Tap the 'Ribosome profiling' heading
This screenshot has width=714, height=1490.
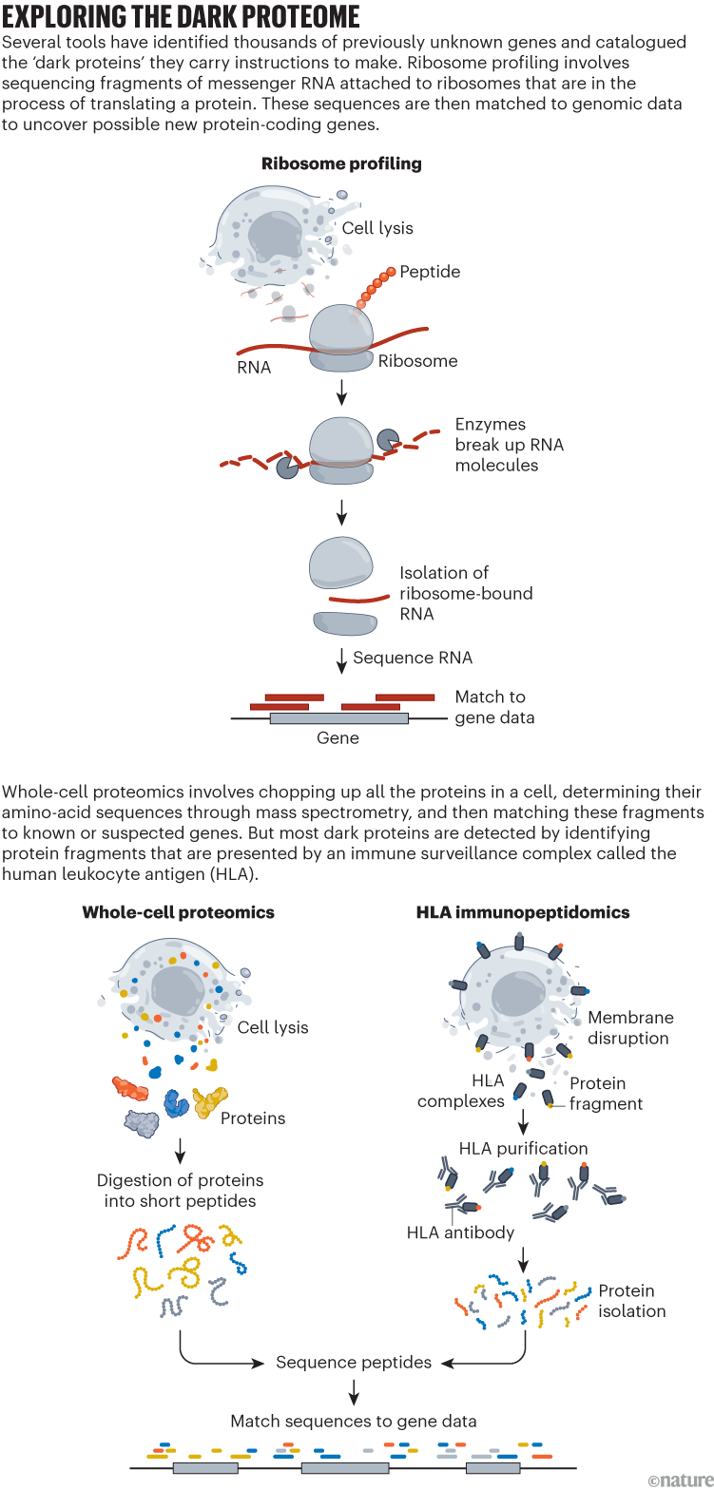(341, 163)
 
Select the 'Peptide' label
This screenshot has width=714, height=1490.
(430, 272)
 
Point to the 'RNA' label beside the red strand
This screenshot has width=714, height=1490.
(254, 367)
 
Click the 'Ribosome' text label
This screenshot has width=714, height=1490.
(417, 361)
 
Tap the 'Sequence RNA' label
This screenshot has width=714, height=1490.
(413, 658)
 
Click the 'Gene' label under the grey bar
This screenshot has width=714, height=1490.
(338, 738)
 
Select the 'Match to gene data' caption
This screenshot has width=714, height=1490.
(494, 707)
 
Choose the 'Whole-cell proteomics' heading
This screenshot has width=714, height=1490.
(179, 912)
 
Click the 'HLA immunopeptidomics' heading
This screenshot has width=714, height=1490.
(523, 912)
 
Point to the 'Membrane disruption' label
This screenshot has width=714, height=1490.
(629, 1027)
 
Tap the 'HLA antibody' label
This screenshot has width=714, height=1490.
(460, 1232)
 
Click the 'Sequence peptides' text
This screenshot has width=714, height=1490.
(354, 1363)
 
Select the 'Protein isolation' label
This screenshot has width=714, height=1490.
(631, 1301)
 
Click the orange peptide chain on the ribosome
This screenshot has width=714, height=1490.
(376, 287)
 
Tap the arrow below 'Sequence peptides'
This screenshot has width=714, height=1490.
(354, 1392)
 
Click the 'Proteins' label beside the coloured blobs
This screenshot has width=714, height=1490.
(253, 1118)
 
